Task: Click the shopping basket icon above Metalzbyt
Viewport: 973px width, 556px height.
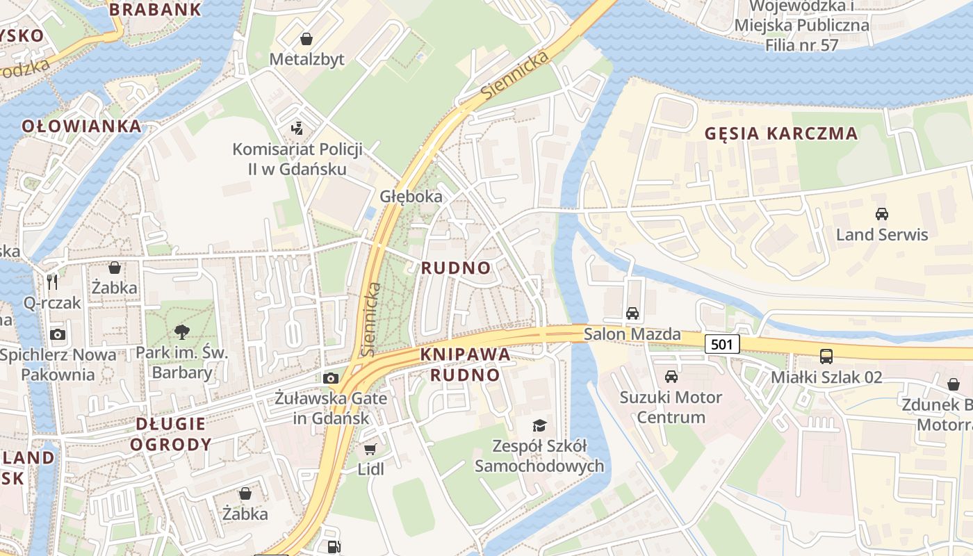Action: coord(306,38)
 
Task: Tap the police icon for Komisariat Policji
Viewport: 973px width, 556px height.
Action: coord(297,128)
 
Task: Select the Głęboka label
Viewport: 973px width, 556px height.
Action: coord(411,197)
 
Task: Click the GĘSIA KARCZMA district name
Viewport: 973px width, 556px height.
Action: coord(781,133)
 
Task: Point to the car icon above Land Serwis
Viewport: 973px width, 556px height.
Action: coord(881,214)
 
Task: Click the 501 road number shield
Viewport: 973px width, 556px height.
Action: coord(722,344)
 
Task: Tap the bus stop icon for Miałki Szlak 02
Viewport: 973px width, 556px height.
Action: coord(826,357)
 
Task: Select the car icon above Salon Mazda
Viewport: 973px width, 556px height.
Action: coord(632,313)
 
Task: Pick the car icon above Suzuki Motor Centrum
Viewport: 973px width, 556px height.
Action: coord(671,377)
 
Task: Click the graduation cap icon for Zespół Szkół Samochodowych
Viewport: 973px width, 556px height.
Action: coord(539,425)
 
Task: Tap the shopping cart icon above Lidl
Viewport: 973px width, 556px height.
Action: coord(370,449)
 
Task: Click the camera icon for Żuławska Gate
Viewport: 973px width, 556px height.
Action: coord(331,378)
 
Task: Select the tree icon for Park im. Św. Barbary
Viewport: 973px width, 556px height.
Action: coord(183,332)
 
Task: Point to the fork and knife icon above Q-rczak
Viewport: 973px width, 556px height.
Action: coord(52,281)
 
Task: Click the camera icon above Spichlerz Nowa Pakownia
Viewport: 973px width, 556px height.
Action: coord(58,334)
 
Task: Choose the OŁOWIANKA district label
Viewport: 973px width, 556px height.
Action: coord(82,126)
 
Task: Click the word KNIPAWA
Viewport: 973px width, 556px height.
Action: coord(465,354)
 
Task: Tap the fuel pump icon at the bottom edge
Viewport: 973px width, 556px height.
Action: coord(334,547)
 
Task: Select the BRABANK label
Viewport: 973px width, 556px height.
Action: coord(156,10)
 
